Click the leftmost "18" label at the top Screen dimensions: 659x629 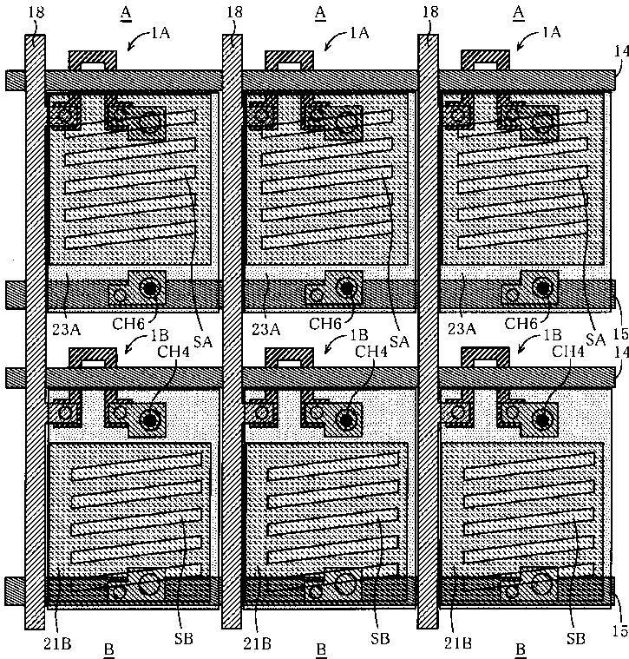(x=35, y=11)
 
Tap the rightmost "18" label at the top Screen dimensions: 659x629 (x=429, y=11)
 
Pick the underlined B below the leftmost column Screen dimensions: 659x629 (x=108, y=649)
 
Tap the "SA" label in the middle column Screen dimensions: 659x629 (x=399, y=341)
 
